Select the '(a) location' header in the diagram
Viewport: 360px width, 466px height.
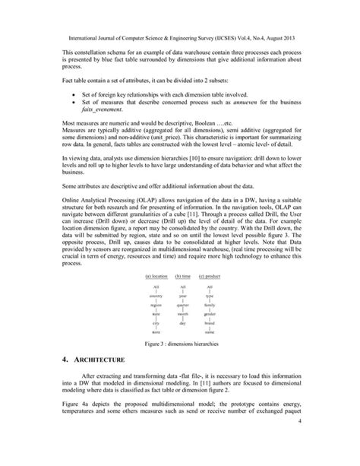(x=155, y=275)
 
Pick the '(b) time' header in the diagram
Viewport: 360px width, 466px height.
(x=182, y=275)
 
